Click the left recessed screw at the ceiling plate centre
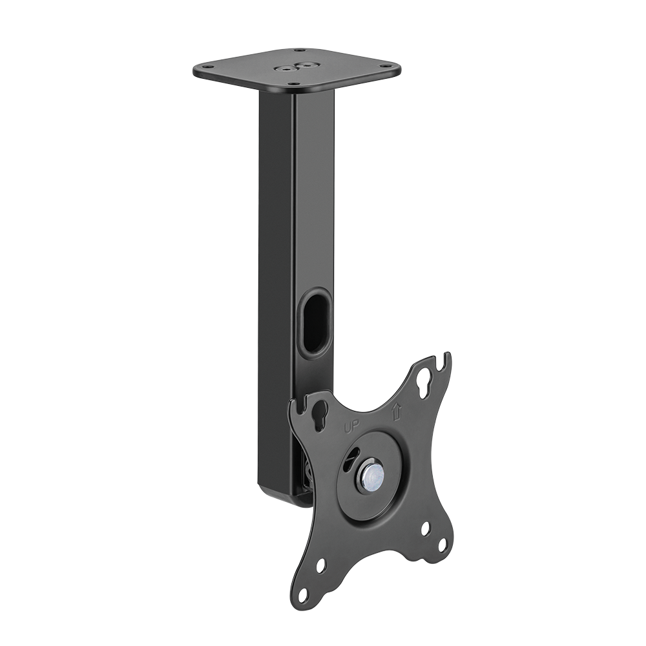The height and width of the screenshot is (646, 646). pos(284,70)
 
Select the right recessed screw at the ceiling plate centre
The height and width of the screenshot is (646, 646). pos(306,65)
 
